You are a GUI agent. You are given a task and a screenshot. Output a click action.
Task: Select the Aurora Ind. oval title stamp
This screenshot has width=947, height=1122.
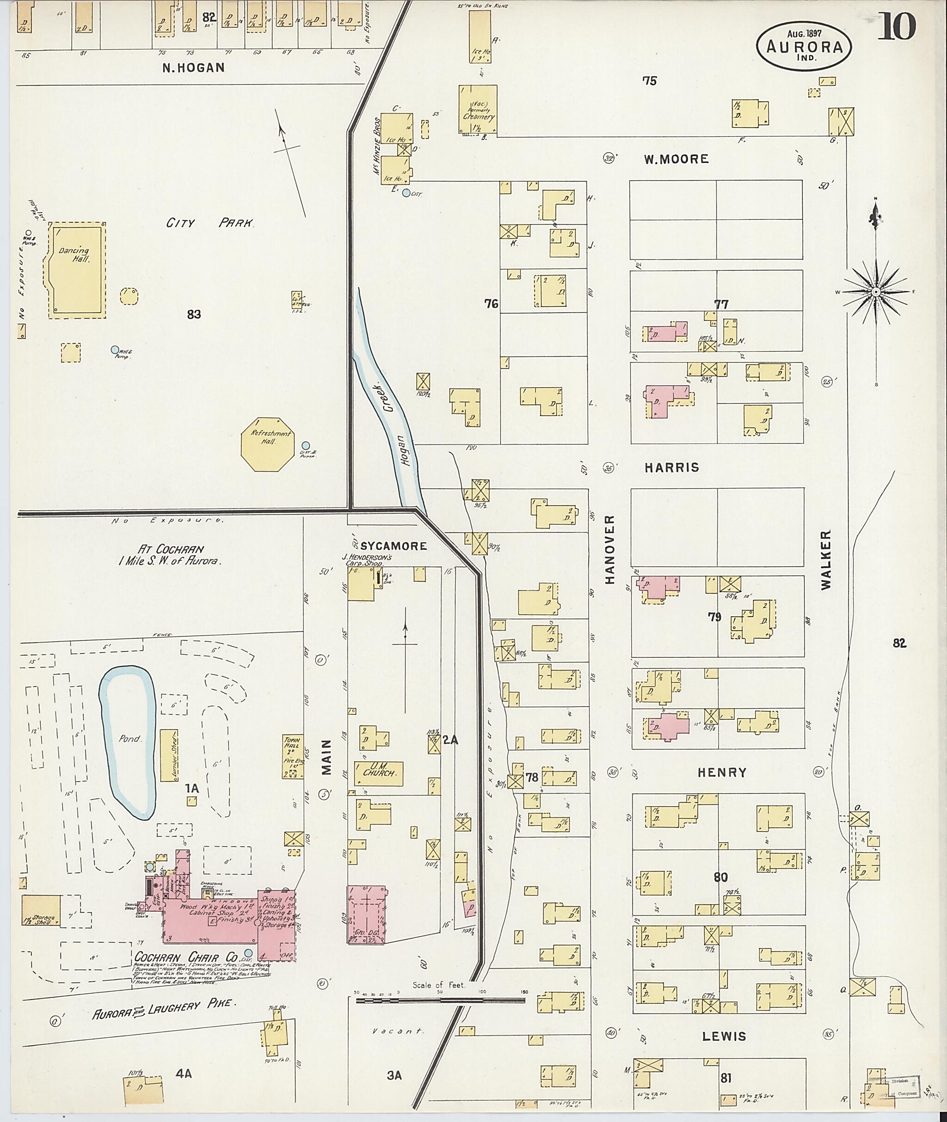click(x=804, y=47)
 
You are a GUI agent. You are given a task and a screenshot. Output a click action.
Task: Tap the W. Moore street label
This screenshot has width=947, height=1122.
click(x=676, y=159)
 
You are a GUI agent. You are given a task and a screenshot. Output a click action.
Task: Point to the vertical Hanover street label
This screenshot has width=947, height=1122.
click(x=609, y=550)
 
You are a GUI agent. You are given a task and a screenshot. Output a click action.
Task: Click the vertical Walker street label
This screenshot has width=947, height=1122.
click(x=826, y=560)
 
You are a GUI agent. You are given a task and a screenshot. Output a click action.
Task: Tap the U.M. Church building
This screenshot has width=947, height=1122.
click(x=379, y=773)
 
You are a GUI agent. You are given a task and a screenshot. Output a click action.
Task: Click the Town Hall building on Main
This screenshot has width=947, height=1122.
click(x=293, y=757)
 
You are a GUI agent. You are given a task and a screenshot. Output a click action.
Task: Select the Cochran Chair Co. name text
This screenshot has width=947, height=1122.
click(x=186, y=958)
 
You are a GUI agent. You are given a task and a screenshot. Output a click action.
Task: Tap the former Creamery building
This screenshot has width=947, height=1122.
click(x=477, y=109)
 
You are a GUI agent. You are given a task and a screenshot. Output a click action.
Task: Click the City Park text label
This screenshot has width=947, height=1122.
click(x=209, y=223)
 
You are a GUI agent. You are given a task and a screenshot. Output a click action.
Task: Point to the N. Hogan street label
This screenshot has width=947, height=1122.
click(x=193, y=67)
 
